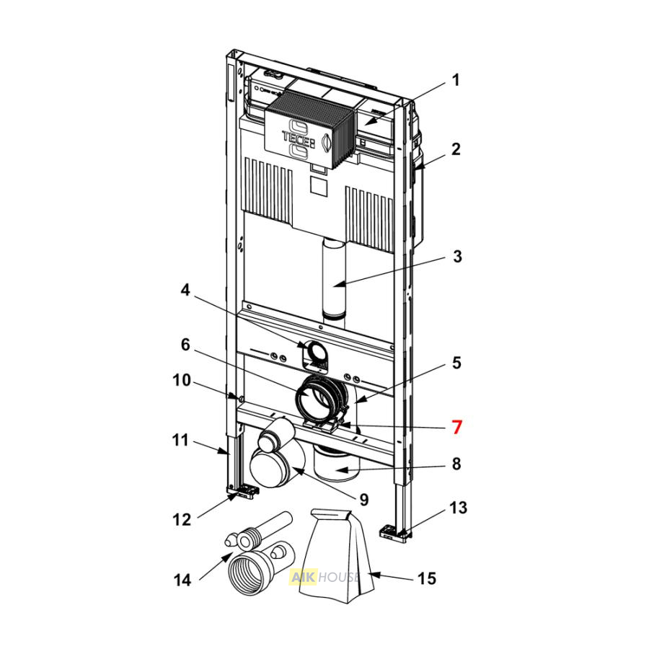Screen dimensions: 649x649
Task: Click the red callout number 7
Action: coord(456,427)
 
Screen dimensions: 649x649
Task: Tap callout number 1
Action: coord(456,80)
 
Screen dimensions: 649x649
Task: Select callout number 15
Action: coord(427,578)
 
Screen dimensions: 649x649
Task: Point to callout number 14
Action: coord(182,580)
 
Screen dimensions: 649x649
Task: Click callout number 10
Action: coord(181,380)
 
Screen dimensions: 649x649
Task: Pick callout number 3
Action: coord(457,257)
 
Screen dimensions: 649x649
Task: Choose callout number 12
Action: coord(182,520)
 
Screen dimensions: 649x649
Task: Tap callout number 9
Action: coord(364,500)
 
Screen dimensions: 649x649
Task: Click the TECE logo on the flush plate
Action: coord(298,136)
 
